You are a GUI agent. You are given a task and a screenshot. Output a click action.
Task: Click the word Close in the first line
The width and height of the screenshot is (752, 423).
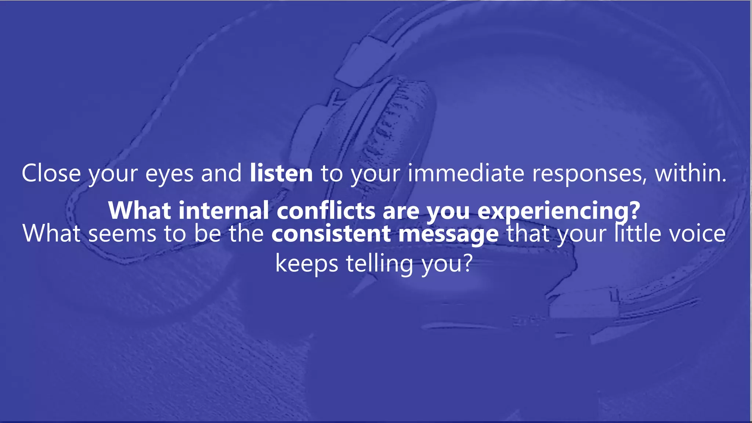point(51,173)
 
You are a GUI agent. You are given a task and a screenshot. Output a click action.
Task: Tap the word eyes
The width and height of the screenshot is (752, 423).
point(169,174)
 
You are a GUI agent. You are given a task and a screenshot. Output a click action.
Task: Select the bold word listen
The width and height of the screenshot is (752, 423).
point(281,173)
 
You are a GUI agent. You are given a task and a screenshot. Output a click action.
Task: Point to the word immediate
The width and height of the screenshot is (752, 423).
point(466,173)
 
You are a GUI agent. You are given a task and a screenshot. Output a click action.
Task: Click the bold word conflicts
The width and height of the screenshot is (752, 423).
point(326,210)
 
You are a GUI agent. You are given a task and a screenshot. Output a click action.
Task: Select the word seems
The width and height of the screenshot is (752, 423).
point(122,234)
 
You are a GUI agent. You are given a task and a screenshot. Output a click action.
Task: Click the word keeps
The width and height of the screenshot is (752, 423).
point(307,264)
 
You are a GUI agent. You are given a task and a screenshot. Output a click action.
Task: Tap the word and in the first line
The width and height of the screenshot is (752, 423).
point(221,173)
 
